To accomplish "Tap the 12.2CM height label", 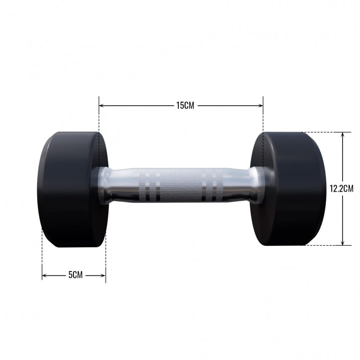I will click(x=341, y=188).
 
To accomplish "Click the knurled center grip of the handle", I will click(x=180, y=186).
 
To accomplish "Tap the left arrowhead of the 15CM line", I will click(x=101, y=105).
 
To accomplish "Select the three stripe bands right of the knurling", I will click(x=215, y=186).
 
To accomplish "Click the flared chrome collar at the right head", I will click(x=254, y=185).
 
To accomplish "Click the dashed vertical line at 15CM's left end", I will click(x=99, y=124).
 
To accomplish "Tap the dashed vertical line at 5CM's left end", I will click(x=42, y=256).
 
